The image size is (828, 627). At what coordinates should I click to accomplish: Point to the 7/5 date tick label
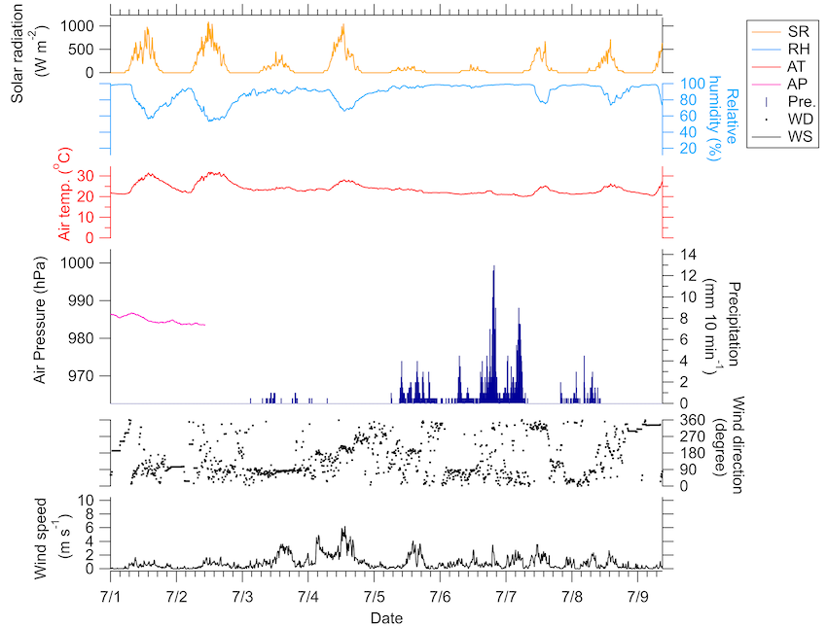375,594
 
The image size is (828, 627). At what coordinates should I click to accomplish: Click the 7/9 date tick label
638,594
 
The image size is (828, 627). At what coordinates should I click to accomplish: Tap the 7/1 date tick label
111,594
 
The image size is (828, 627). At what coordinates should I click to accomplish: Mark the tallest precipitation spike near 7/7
493,267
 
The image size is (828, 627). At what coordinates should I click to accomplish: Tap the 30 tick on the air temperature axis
84,176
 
